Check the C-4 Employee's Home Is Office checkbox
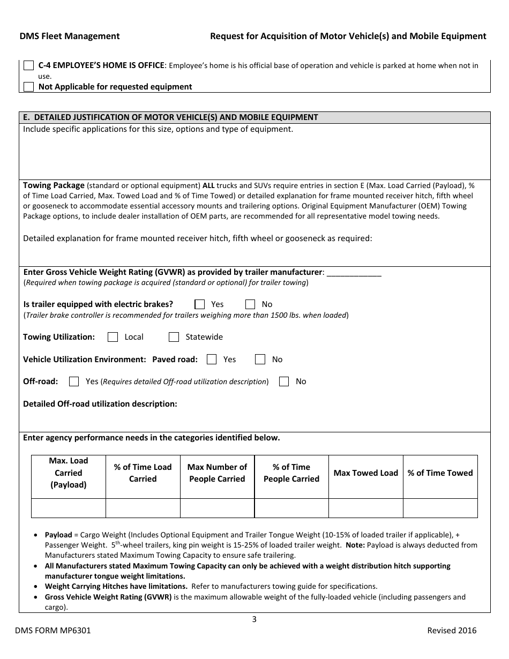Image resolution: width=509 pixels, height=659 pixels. click(29, 65)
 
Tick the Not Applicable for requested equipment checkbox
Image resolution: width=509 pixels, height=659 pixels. click(29, 86)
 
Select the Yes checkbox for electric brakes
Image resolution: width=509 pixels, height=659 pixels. click(200, 304)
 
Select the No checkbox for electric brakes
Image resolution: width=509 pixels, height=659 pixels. click(250, 304)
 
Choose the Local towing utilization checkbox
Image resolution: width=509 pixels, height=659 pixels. click(113, 337)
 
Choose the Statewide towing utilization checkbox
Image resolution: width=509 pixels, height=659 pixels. click(174, 337)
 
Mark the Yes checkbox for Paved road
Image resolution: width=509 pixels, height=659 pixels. click(212, 360)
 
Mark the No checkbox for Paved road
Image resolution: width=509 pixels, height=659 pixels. click(260, 360)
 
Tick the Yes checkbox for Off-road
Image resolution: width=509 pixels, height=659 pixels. click(74, 381)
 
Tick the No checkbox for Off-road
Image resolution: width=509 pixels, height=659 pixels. click(285, 381)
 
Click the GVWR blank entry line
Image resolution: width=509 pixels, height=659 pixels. click(354, 273)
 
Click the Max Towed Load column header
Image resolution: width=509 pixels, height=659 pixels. click(366, 473)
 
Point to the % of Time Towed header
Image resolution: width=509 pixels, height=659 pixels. click(440, 473)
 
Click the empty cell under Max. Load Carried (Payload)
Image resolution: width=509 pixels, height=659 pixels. click(69, 508)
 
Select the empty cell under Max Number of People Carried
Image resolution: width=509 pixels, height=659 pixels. click(217, 508)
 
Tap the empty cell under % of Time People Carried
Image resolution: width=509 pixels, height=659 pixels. click(291, 508)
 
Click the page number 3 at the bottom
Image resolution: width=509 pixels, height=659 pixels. click(254, 619)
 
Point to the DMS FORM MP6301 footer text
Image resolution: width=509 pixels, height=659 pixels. click(55, 631)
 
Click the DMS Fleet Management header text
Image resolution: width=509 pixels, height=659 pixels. click(70, 36)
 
